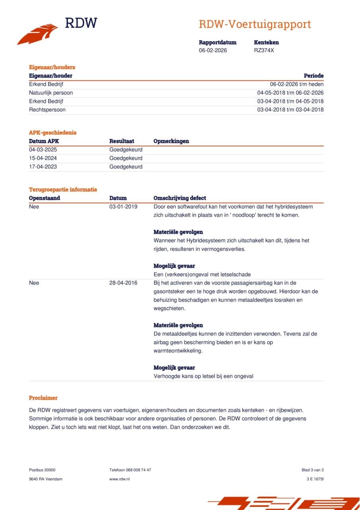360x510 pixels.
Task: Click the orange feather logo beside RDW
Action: (37, 34)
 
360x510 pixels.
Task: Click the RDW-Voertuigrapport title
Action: (254, 24)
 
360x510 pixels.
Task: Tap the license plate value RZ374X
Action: (264, 51)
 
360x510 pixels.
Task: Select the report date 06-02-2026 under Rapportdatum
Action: (213, 51)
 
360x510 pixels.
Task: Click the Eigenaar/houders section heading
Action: (52, 67)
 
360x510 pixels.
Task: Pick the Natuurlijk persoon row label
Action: (51, 93)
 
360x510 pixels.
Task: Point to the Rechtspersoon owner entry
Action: (47, 110)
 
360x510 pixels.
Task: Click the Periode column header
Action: (313, 76)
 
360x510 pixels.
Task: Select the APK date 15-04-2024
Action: (43, 158)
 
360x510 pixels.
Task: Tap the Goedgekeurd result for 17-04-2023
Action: (126, 167)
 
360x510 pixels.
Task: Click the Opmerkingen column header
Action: (171, 141)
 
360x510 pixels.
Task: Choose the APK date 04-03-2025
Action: (43, 150)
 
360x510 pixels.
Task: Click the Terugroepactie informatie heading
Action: (63, 190)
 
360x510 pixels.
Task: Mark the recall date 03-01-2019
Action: (123, 207)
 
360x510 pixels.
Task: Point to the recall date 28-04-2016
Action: (123, 283)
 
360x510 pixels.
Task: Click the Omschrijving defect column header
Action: (180, 198)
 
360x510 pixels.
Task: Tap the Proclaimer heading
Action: (43, 398)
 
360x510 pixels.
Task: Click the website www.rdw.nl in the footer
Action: (119, 479)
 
